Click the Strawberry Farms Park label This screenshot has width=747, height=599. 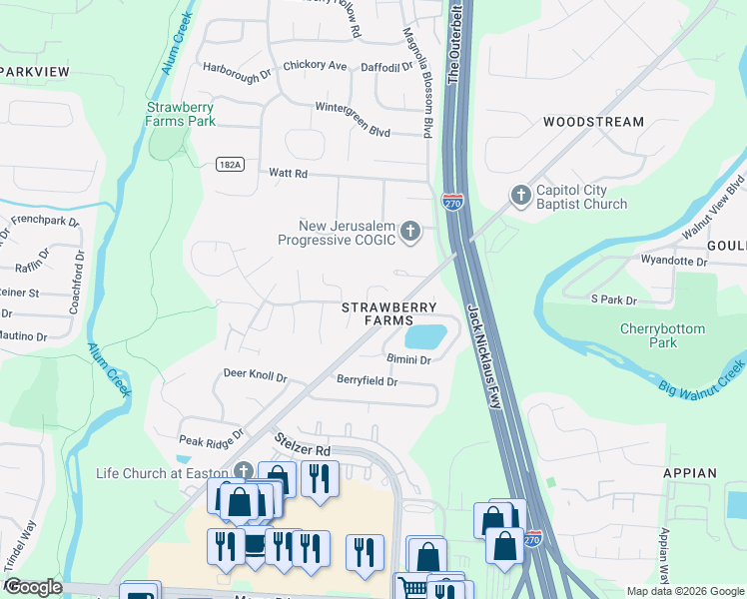coord(180,114)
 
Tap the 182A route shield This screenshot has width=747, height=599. coord(229,164)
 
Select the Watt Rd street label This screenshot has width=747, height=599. coord(289,173)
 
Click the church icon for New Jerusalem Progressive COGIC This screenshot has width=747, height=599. coord(409,233)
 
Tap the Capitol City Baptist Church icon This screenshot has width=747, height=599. coord(520,196)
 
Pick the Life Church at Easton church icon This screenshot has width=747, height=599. coord(243,472)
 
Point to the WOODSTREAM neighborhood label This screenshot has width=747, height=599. coord(593,122)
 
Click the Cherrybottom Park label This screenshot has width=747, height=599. coord(661,335)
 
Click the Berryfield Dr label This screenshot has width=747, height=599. coord(367,381)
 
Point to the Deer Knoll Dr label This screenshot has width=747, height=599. coord(255,377)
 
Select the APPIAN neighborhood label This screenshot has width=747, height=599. coord(689,473)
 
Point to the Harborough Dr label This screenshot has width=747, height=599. coord(237,73)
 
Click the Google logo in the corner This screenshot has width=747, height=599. coord(33,587)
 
